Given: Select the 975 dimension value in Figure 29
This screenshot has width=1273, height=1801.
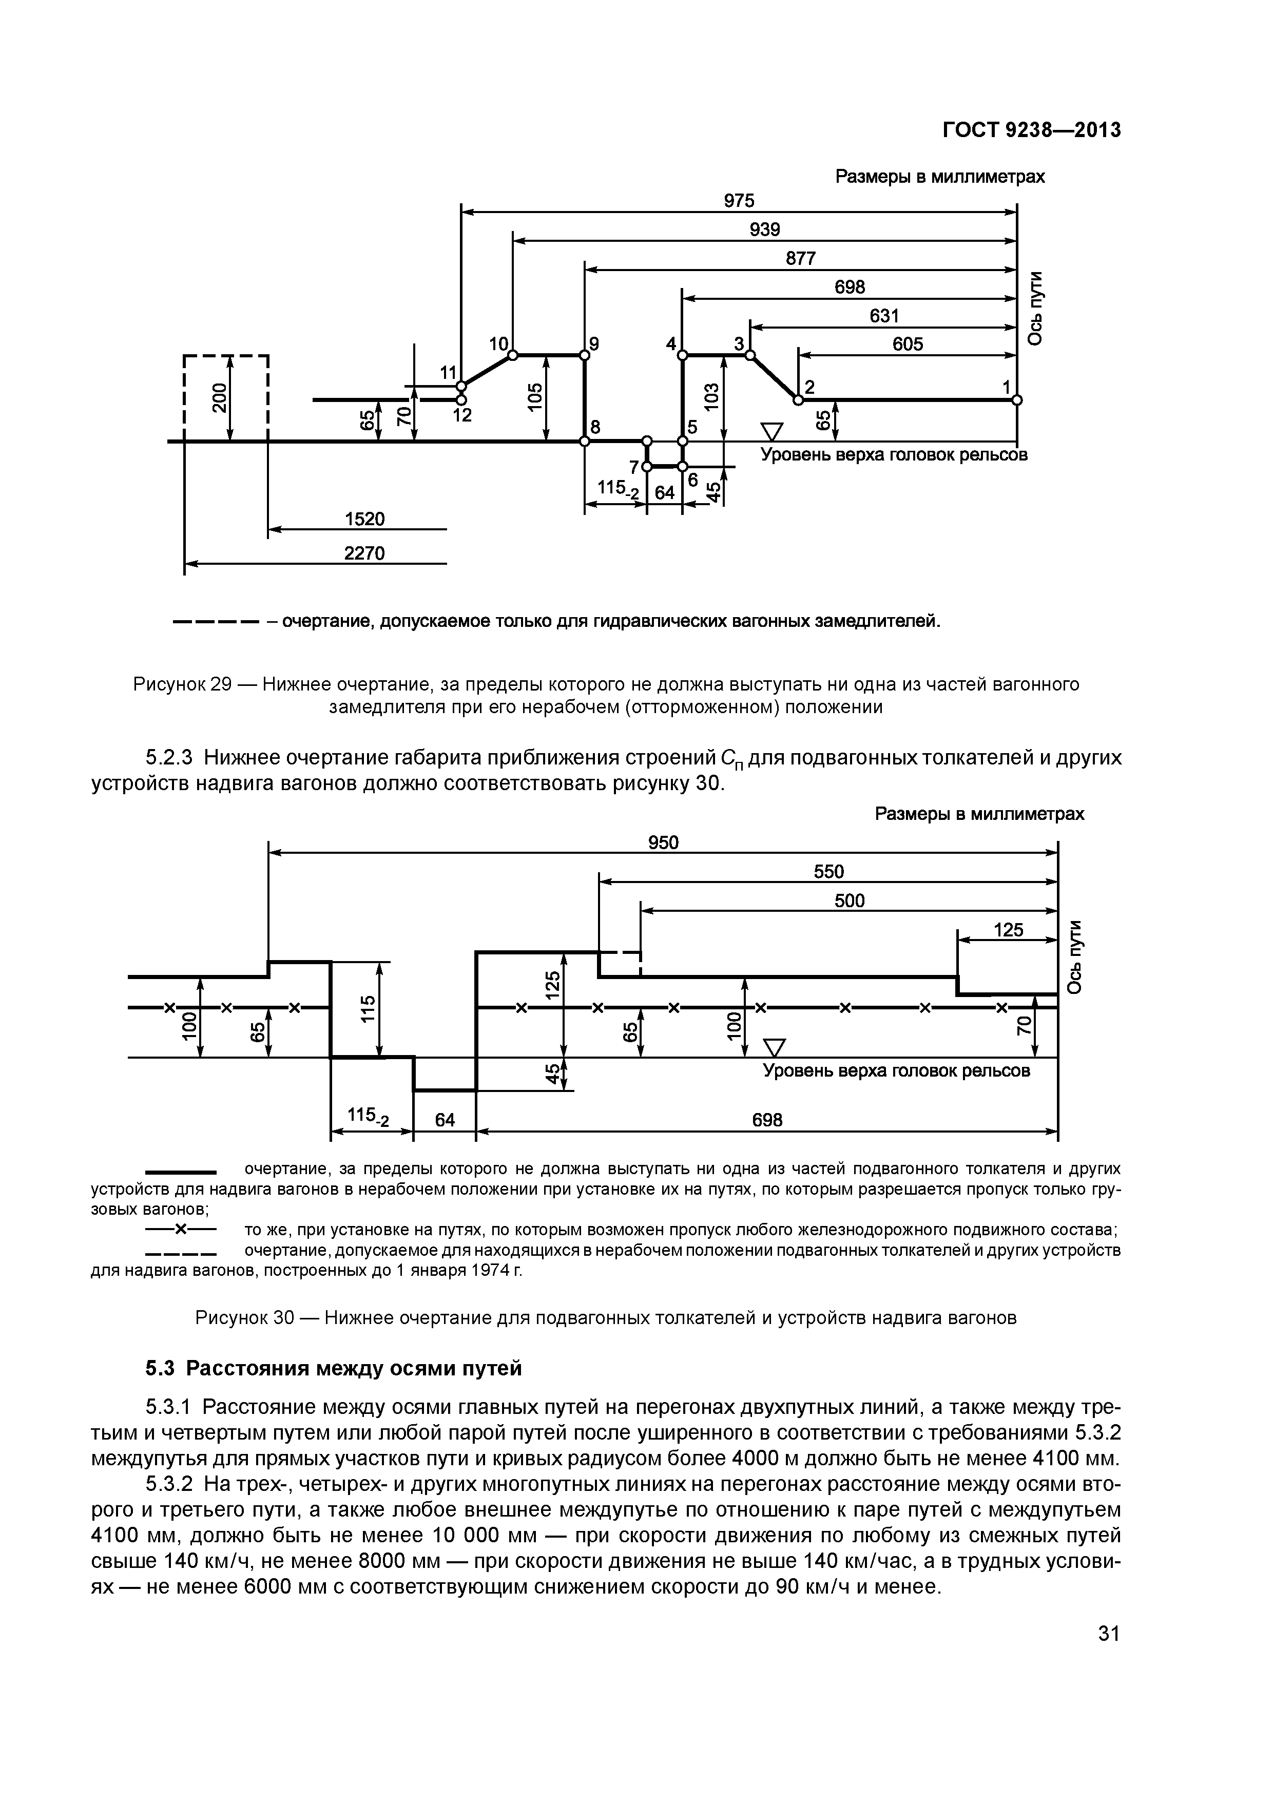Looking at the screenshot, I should (738, 201).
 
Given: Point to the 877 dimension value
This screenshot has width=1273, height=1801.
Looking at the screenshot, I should (801, 258).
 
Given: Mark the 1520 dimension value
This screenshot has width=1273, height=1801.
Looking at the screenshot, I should (365, 519).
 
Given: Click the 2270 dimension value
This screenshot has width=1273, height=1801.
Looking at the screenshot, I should (365, 553).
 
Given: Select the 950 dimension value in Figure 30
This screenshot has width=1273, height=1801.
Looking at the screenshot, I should (663, 842).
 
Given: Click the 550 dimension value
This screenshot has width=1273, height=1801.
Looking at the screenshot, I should (828, 871).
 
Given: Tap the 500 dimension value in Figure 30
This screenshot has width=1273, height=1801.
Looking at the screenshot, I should (850, 900).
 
